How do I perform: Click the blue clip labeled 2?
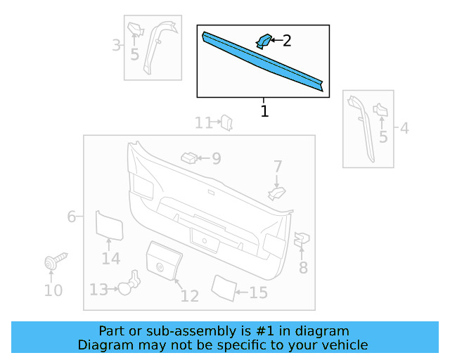click(x=263, y=41)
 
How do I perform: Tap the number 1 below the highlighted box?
click(x=264, y=111)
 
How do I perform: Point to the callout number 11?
click(x=204, y=124)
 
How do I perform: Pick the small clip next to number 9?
click(x=188, y=157)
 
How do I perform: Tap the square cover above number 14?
click(x=109, y=226)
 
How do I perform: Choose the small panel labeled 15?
click(x=224, y=287)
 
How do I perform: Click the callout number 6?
click(x=72, y=217)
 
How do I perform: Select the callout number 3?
click(x=116, y=46)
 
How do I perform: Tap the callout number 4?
click(x=404, y=128)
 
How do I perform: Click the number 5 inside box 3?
click(x=134, y=54)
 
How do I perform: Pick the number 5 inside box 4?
click(x=383, y=136)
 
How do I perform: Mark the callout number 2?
click(x=287, y=41)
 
